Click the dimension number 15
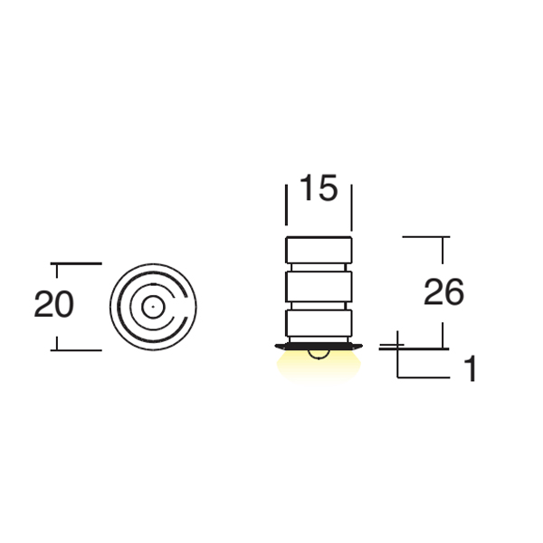319,187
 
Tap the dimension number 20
54,304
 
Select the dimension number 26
443,292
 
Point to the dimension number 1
471,369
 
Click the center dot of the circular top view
153,307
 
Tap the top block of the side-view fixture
319,250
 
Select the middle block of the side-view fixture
319,286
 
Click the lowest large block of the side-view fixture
319,323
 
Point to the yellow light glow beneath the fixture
319,367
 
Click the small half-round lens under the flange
319,355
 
